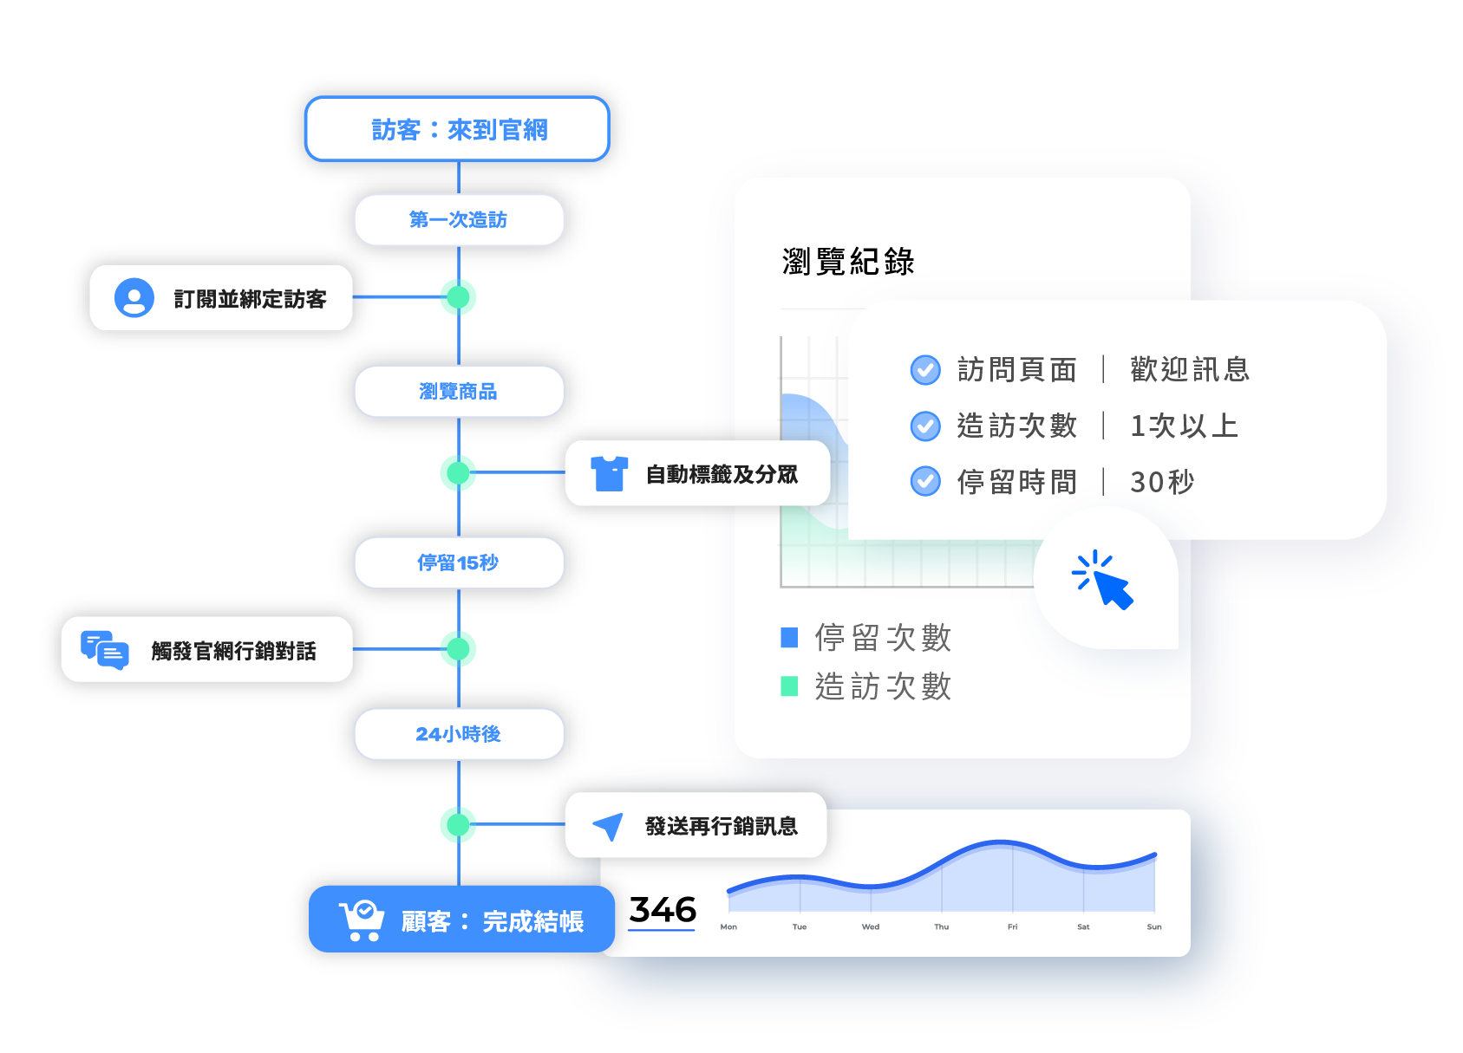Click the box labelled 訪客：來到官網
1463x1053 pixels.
click(458, 129)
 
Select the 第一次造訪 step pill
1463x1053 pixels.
click(458, 219)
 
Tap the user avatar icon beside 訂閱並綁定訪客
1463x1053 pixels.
click(134, 298)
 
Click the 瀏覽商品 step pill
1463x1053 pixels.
click(458, 391)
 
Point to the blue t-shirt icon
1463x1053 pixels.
click(609, 473)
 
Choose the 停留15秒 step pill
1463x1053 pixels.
click(458, 562)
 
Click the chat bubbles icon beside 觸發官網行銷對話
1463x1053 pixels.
click(104, 650)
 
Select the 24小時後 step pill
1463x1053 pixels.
click(458, 734)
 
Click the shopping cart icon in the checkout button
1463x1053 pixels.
click(361, 920)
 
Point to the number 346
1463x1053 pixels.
click(662, 910)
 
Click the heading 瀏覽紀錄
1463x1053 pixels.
click(847, 261)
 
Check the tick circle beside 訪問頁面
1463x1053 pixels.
click(925, 370)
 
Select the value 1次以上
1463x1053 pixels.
click(1184, 426)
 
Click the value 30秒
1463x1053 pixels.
click(1162, 482)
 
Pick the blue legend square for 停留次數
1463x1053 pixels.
click(789, 638)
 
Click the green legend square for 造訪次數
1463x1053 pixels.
click(789, 686)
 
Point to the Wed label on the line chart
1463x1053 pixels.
click(871, 927)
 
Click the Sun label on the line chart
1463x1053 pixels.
click(1153, 927)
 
